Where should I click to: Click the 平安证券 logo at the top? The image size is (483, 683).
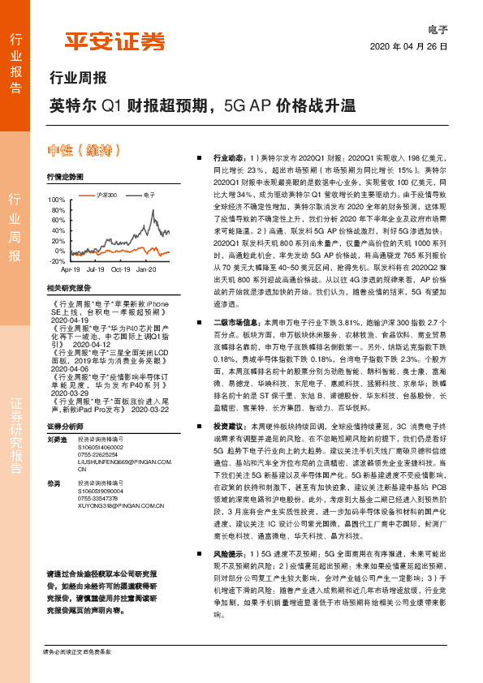pos(114,41)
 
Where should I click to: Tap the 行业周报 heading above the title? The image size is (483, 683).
pos(78,79)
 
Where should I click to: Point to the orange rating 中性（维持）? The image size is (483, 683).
pos(85,151)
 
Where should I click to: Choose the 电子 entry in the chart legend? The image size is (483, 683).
pos(149,195)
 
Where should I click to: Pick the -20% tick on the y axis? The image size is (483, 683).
pos(58,262)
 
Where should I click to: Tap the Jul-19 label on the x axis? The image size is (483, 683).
pos(96,268)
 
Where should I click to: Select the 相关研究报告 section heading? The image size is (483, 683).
pos(69,288)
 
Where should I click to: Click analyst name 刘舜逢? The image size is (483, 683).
pos(57,438)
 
